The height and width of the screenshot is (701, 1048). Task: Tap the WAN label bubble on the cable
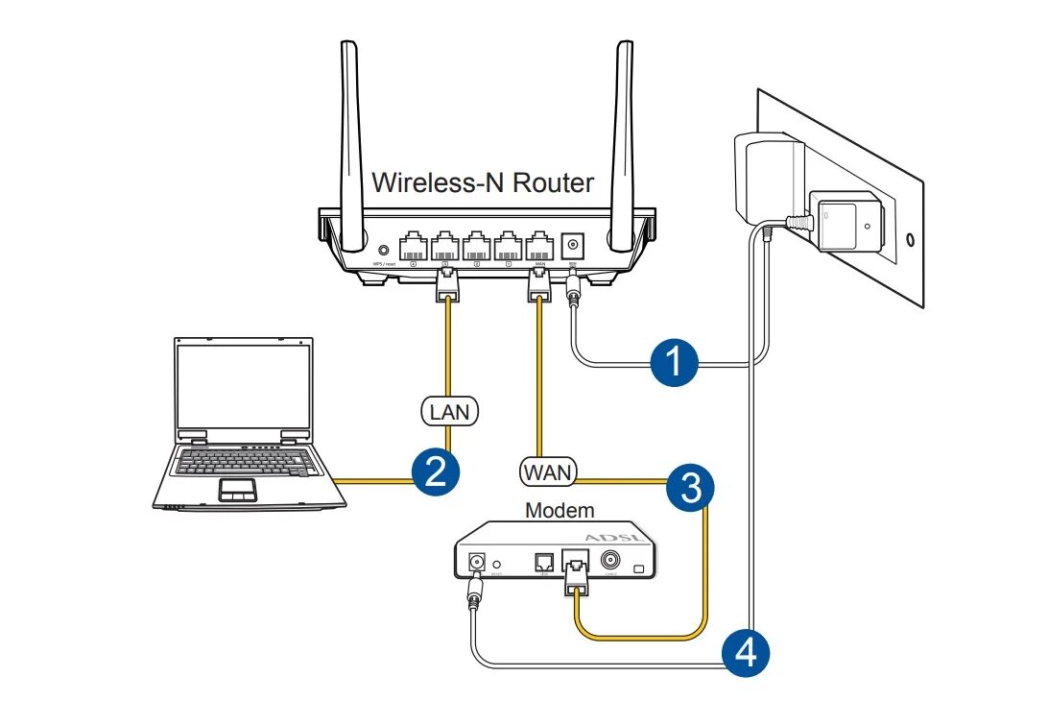[x=547, y=471]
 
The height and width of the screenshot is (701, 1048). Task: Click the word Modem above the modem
[x=560, y=510]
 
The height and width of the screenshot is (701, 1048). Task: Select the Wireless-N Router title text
[x=483, y=181]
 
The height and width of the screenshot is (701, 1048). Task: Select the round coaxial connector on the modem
[x=608, y=562]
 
